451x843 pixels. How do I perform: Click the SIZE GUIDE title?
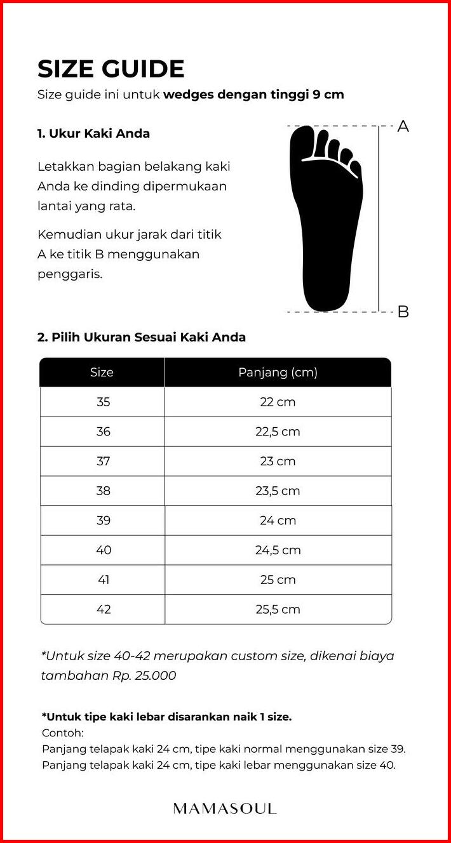pos(111,69)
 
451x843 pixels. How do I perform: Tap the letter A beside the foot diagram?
pos(403,126)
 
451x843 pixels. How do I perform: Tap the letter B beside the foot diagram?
pos(403,312)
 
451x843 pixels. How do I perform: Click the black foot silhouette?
pos(326,216)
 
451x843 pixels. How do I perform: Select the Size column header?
pos(102,373)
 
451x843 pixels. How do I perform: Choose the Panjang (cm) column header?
pos(278,373)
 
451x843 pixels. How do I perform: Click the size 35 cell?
pos(103,402)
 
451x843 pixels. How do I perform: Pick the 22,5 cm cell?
pos(278,432)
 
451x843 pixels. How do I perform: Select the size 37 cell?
pos(103,461)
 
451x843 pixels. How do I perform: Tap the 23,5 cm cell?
pos(278,491)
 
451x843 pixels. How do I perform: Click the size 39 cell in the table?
pos(103,521)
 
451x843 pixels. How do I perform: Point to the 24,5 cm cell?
pos(278,550)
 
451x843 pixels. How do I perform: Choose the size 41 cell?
pos(103,580)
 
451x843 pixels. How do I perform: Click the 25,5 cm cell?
pos(278,609)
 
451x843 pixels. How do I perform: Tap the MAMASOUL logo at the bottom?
pos(225,809)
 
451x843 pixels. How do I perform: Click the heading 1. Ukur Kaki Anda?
pos(93,134)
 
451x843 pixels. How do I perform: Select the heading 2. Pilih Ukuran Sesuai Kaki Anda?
pos(141,337)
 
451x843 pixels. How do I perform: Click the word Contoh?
pos(58,733)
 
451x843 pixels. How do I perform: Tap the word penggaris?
pos(69,275)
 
